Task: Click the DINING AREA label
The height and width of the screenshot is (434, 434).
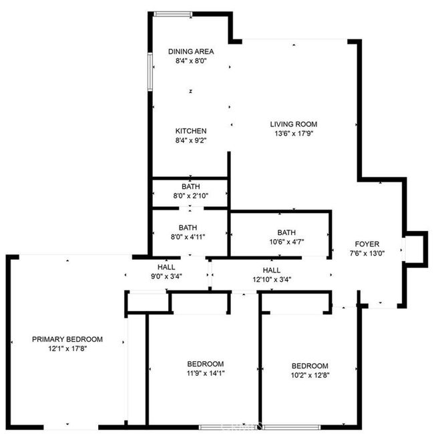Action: [x=191, y=51]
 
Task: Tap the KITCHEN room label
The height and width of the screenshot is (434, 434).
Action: [x=191, y=131]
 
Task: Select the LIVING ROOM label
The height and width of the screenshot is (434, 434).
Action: [x=294, y=124]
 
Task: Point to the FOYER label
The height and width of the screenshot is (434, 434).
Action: [x=367, y=244]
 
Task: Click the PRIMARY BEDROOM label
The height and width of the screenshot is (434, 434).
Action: [x=67, y=339]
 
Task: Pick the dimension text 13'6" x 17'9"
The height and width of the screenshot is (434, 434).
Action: [x=294, y=134]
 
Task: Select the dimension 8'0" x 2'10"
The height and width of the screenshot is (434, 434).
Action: [x=191, y=196]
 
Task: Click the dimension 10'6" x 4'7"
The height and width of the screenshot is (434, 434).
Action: [x=286, y=242]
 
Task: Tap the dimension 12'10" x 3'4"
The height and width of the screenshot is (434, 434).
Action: [x=272, y=280]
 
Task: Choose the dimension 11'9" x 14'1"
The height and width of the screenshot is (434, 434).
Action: [x=206, y=373]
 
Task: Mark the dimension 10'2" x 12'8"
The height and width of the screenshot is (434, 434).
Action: [x=310, y=375]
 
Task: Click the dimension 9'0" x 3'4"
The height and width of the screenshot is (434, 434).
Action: [x=166, y=276]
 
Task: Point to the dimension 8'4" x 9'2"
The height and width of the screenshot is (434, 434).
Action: [x=191, y=141]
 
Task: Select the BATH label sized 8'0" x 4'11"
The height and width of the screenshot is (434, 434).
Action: [x=188, y=228]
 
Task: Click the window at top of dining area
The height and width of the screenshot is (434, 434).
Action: [x=173, y=14]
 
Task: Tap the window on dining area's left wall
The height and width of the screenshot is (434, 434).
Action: [x=150, y=72]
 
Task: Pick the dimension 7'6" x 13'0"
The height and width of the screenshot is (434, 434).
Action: [x=367, y=254]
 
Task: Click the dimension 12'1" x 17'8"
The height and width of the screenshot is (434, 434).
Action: [x=67, y=349]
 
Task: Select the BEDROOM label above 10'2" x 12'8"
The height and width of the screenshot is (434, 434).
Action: [x=310, y=366]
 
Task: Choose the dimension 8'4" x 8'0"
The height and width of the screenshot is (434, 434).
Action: [x=191, y=61]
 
